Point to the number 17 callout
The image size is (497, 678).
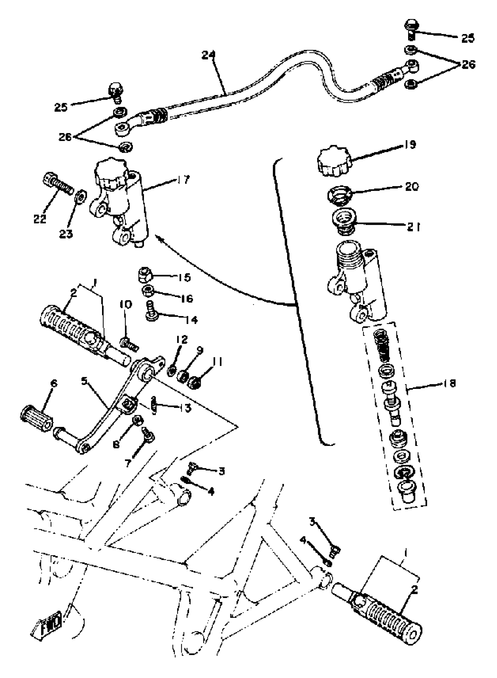(183, 180)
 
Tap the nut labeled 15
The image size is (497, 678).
(145, 275)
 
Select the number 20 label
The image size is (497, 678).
(412, 187)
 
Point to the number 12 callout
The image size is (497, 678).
(182, 339)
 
